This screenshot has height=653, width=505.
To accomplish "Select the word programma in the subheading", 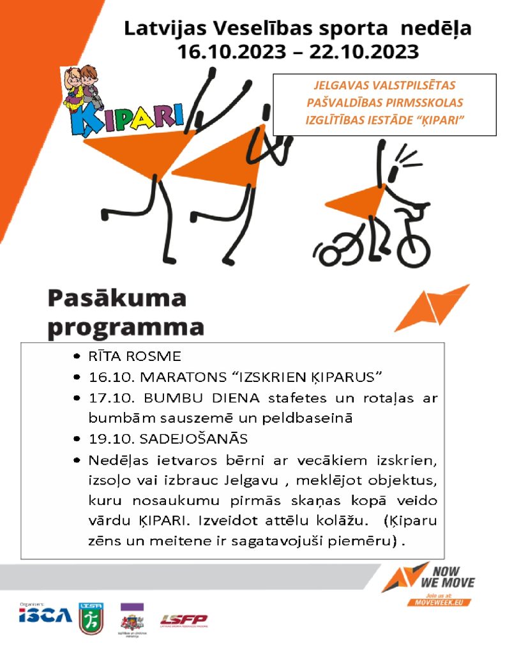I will [x=126, y=326].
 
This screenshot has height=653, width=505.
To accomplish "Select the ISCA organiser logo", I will [x=45, y=616].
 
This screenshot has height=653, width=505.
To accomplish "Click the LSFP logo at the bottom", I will [x=183, y=620].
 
